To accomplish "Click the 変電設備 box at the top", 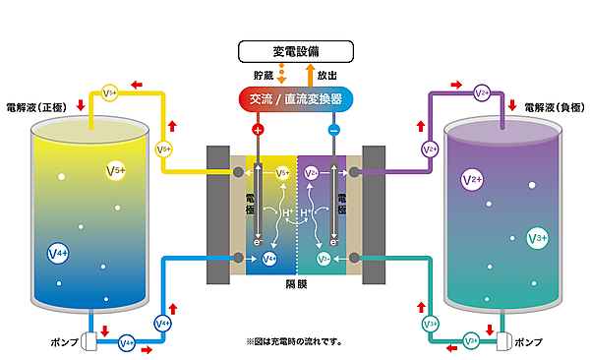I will point(295,50).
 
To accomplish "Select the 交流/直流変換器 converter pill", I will point(295,99).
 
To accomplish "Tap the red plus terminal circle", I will point(258,129).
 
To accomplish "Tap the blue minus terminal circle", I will point(333,129).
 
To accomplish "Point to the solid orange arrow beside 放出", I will point(312,74).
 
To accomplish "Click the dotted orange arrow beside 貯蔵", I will point(281,74).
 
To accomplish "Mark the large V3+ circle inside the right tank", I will point(537,237).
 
